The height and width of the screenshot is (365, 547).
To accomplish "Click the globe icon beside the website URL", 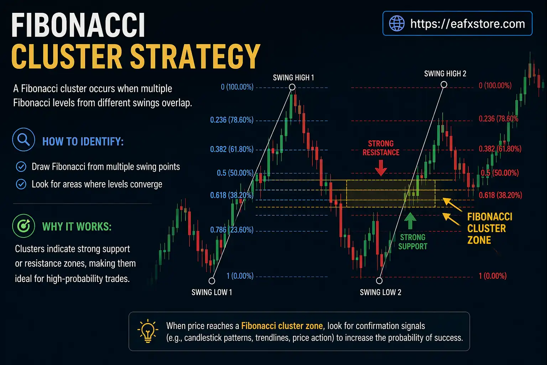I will pyautogui.click(x=397, y=24).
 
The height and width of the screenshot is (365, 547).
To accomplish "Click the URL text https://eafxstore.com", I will pyautogui.click(x=467, y=24).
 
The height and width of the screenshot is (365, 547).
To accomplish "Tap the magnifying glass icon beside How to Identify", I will pyautogui.click(x=24, y=140).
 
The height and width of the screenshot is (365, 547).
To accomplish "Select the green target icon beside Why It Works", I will pyautogui.click(x=24, y=226).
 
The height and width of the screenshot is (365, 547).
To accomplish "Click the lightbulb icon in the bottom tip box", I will pyautogui.click(x=147, y=331).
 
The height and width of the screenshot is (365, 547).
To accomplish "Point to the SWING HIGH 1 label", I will pyautogui.click(x=293, y=78).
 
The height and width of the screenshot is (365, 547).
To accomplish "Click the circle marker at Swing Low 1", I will pyautogui.click(x=212, y=281).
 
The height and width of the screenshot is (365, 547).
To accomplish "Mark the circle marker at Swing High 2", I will pyautogui.click(x=444, y=84).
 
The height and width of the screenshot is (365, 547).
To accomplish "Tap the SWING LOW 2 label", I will pyautogui.click(x=380, y=293).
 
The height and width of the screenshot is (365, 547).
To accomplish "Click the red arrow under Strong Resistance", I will pyautogui.click(x=381, y=168).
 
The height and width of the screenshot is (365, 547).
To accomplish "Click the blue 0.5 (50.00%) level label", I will pyautogui.click(x=235, y=173).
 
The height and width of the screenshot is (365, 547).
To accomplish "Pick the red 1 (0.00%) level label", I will pyautogui.click(x=493, y=276).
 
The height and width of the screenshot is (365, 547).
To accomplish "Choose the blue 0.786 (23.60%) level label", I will pyautogui.click(x=232, y=230).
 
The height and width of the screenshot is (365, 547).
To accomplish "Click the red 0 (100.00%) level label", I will pyautogui.click(x=495, y=86).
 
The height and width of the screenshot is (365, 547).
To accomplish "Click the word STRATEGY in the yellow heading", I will pyautogui.click(x=195, y=56).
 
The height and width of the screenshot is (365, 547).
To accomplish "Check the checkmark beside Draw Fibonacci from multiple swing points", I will pyautogui.click(x=21, y=166).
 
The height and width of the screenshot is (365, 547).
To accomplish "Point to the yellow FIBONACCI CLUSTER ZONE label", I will pyautogui.click(x=490, y=228).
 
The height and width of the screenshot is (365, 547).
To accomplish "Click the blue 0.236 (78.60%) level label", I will pyautogui.click(x=232, y=120).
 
